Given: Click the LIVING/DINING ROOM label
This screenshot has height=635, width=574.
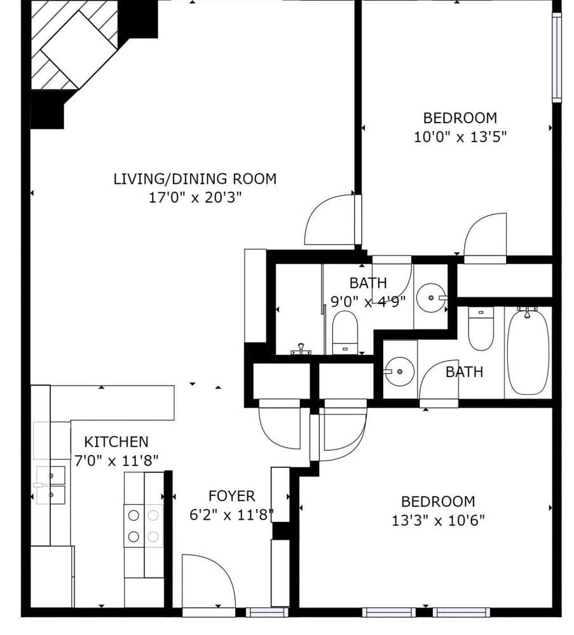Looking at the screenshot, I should pyautogui.click(x=195, y=178).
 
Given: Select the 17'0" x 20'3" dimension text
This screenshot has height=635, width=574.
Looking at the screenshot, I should pyautogui.click(x=195, y=197).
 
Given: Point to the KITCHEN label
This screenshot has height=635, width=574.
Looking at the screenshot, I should pyautogui.click(x=116, y=441).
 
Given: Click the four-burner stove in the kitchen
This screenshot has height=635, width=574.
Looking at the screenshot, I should pyautogui.click(x=143, y=526).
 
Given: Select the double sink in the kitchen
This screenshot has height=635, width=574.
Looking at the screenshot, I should pyautogui.click(x=51, y=485).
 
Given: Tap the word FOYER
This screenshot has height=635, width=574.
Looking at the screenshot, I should pyautogui.click(x=231, y=496).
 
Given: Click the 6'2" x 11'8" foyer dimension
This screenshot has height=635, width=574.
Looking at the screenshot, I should pyautogui.click(x=231, y=515).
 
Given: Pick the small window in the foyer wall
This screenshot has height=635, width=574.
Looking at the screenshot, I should pyautogui.click(x=258, y=612).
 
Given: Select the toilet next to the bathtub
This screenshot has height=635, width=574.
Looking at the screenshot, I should pyautogui.click(x=481, y=328).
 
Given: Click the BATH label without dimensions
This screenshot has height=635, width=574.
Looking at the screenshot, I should pyautogui.click(x=464, y=371).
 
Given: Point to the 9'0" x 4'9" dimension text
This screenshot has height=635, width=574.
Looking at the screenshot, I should pyautogui.click(x=368, y=302).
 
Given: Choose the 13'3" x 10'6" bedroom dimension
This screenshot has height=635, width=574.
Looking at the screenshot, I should pyautogui.click(x=439, y=521).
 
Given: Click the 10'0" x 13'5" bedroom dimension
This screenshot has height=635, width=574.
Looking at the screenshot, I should pyautogui.click(x=460, y=137).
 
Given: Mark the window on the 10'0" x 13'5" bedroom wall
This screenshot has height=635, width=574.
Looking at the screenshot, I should pyautogui.click(x=556, y=57).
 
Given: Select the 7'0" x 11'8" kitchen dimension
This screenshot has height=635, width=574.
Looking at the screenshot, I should pyautogui.click(x=116, y=460).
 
